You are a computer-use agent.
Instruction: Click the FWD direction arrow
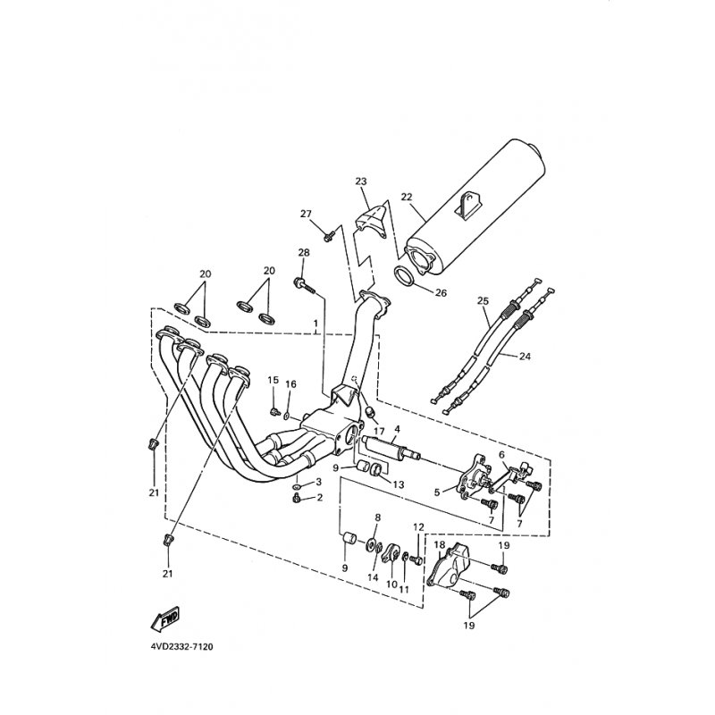(x=165, y=619)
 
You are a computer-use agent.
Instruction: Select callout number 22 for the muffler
(x=407, y=197)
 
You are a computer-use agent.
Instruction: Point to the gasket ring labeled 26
(x=404, y=276)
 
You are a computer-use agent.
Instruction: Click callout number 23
(x=361, y=181)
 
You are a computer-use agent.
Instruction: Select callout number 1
(x=315, y=324)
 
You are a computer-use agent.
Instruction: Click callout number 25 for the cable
(x=483, y=301)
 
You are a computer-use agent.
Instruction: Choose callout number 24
(x=525, y=356)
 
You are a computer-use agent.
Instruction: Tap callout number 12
(x=418, y=527)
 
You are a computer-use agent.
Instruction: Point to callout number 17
(x=379, y=431)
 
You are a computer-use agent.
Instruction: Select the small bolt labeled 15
(x=275, y=412)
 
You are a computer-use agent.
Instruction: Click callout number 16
(x=290, y=384)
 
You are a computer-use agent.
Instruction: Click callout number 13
(x=398, y=484)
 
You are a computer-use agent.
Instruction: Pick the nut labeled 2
(x=297, y=498)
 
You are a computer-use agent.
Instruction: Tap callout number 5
(x=437, y=492)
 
